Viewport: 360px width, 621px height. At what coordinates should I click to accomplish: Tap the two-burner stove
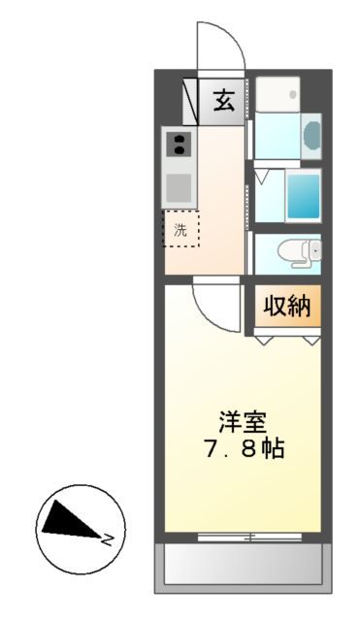tap(178, 146)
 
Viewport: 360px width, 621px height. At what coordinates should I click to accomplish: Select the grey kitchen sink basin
tap(178, 187)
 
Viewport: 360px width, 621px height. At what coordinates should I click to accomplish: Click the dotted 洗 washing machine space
tap(180, 229)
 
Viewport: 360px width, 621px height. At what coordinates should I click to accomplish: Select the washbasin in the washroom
tap(311, 135)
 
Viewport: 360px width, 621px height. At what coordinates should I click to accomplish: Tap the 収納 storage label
tap(287, 308)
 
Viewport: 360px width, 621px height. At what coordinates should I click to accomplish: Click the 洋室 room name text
tap(243, 423)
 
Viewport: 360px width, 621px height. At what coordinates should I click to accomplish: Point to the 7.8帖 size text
tap(243, 450)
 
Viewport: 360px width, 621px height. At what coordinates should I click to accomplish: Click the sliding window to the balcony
tap(243, 535)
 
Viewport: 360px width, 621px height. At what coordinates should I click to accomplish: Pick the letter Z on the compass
tap(111, 538)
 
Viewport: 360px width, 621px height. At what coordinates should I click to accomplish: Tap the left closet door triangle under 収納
tap(264, 341)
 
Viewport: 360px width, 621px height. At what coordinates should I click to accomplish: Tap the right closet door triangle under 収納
tap(311, 341)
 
